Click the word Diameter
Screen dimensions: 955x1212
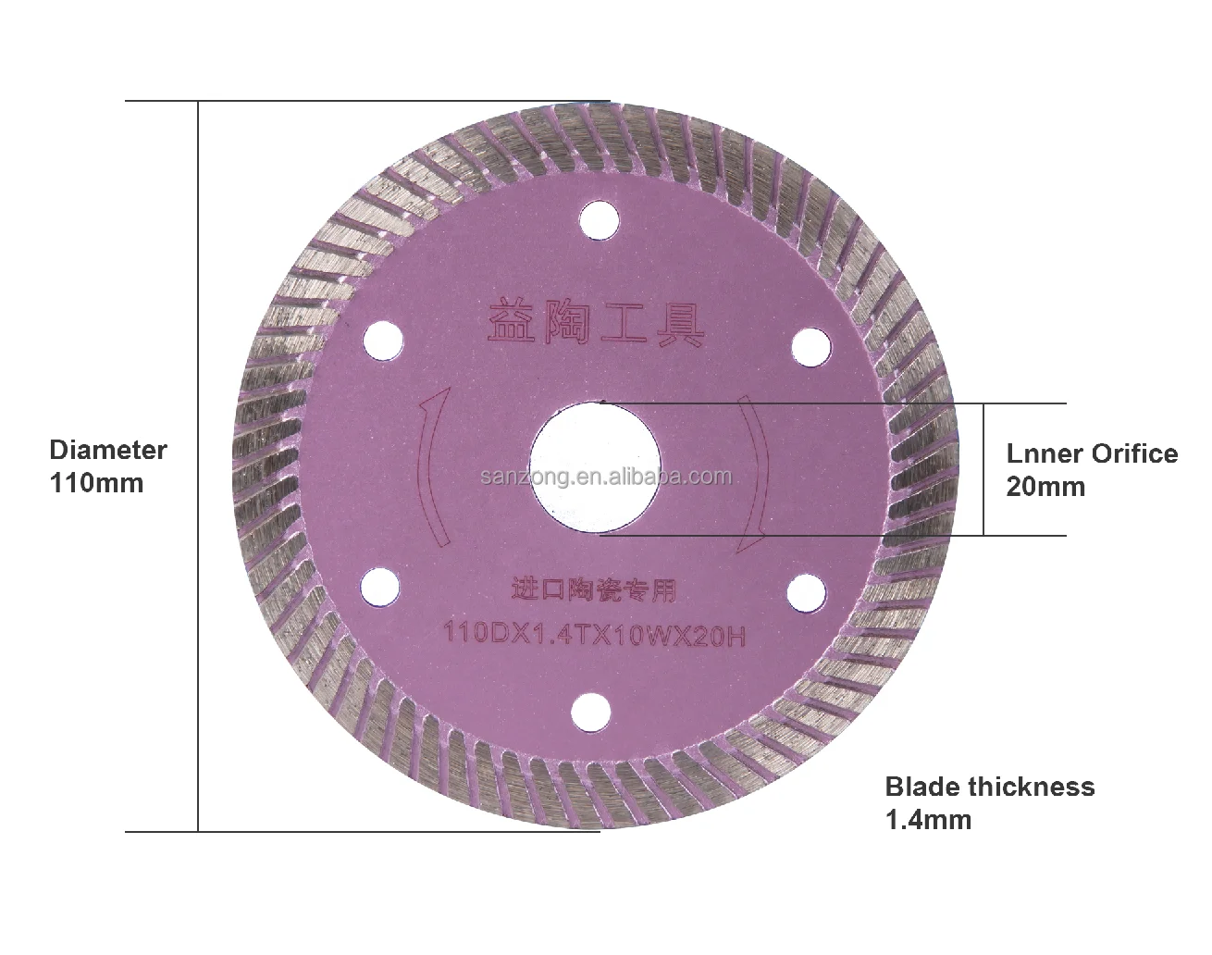click(x=107, y=451)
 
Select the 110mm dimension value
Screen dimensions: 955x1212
click(x=96, y=483)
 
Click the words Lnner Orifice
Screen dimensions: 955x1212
click(x=1092, y=453)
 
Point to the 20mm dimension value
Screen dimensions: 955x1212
click(x=1045, y=486)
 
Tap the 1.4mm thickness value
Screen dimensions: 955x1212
click(x=929, y=819)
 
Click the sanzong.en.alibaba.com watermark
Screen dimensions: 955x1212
click(x=607, y=477)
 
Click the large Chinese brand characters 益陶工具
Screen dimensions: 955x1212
click(x=595, y=321)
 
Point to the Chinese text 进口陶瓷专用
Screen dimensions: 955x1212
click(x=594, y=589)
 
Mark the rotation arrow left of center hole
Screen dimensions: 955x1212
click(x=429, y=467)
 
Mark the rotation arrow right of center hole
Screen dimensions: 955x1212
click(x=757, y=472)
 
